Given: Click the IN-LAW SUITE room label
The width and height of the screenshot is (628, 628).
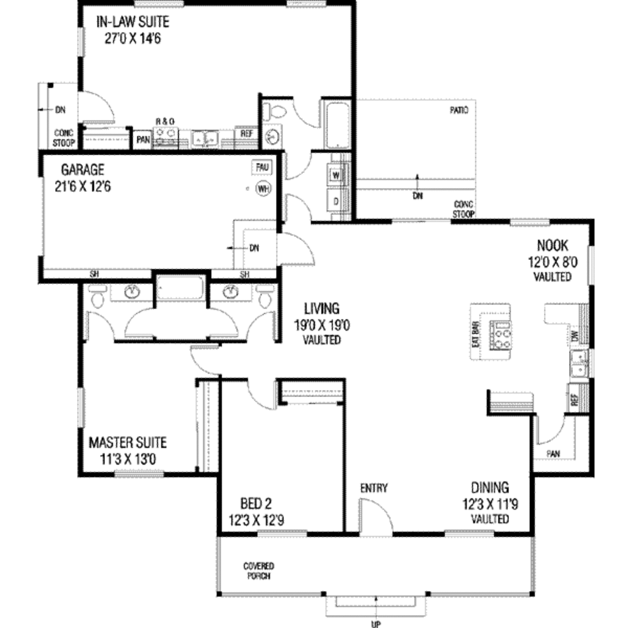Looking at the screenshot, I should (132, 23).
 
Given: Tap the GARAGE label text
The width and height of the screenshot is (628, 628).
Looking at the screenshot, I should (82, 170).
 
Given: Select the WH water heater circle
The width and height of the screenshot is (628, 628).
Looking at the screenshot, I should (264, 188).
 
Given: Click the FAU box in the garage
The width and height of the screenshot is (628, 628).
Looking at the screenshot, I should (262, 167).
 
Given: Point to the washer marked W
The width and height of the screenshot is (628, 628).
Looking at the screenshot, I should (337, 174).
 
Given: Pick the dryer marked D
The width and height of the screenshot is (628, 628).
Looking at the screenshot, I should (337, 201).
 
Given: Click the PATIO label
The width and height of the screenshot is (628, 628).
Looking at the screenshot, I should (459, 111).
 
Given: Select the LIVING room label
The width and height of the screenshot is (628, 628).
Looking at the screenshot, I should (322, 308).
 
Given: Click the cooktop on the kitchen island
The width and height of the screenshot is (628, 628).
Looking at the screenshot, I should (503, 335).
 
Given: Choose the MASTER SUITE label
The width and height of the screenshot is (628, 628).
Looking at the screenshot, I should (128, 442).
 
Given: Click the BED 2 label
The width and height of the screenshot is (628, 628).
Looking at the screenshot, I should (256, 504).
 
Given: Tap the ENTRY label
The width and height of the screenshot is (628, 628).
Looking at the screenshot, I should (373, 488).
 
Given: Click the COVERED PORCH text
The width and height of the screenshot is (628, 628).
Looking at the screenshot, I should (258, 571).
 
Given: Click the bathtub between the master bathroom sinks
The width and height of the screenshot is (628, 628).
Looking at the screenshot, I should (180, 287).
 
